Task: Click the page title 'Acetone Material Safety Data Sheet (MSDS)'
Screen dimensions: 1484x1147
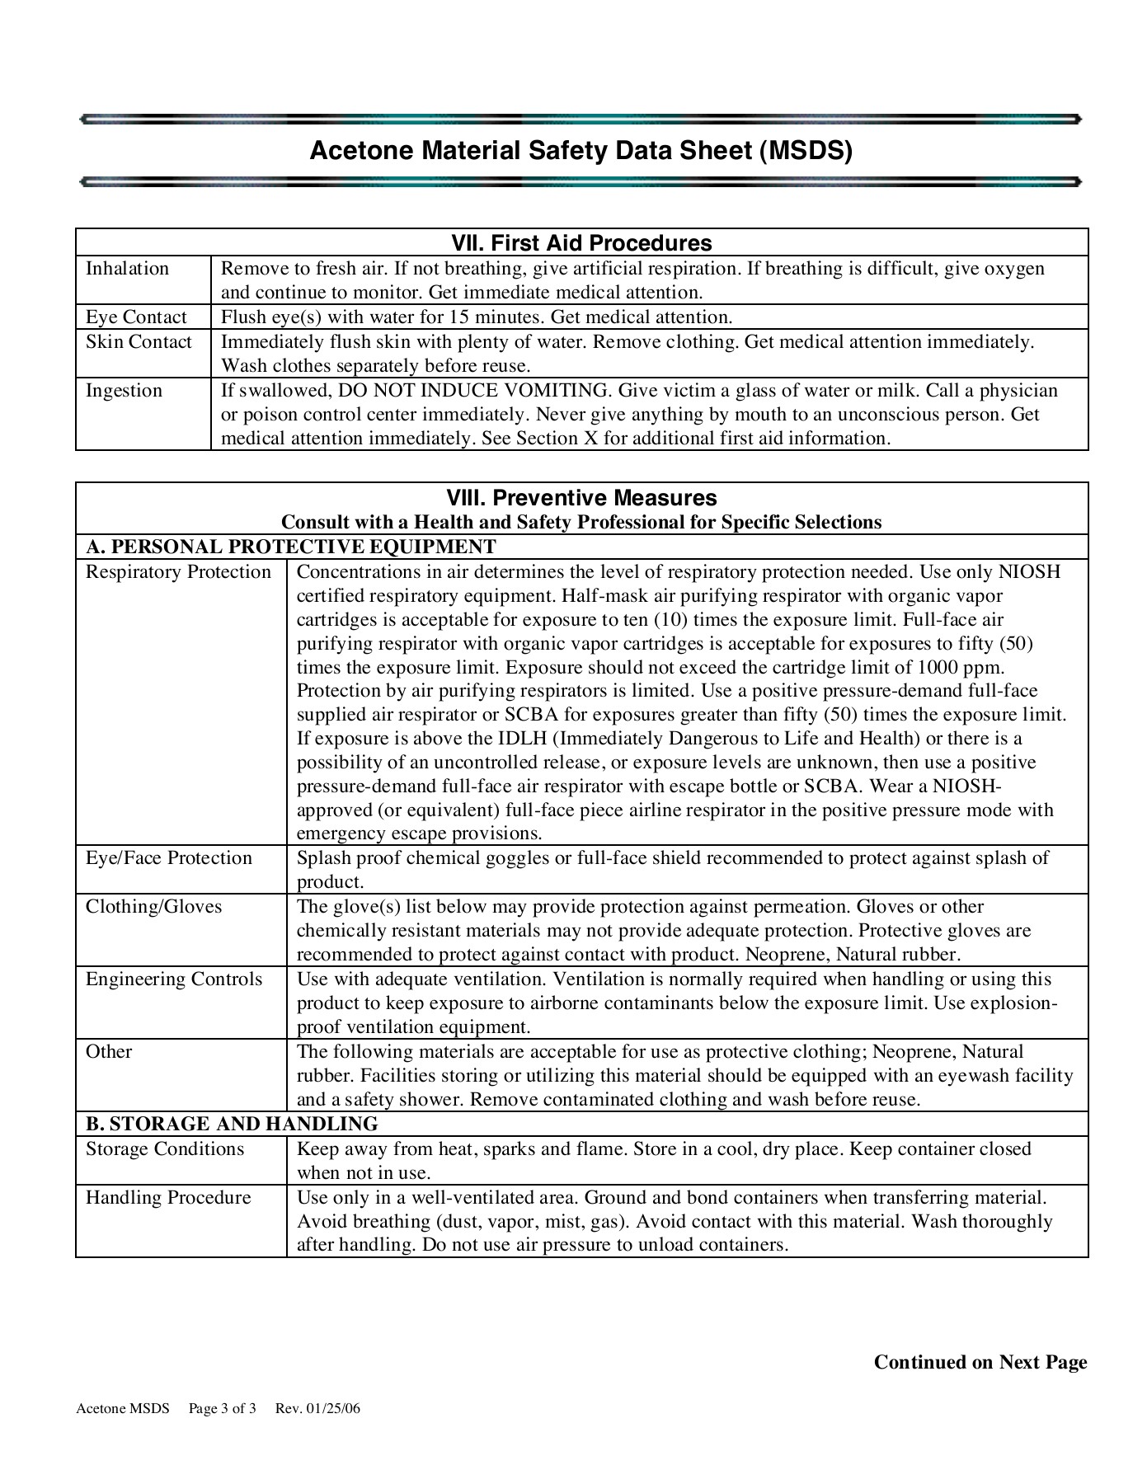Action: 581,151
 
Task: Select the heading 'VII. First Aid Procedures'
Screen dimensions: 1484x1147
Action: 581,243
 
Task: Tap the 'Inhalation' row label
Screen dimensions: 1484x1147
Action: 127,269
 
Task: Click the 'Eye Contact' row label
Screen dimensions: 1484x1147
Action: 136,317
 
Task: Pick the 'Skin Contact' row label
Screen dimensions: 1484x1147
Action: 139,342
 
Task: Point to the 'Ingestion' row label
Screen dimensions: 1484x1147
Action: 124,391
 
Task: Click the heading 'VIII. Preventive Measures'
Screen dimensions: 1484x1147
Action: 581,498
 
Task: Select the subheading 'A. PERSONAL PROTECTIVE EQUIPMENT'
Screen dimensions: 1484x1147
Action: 291,547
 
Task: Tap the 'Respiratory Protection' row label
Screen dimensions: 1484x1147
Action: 178,572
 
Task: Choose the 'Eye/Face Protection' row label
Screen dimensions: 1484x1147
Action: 168,858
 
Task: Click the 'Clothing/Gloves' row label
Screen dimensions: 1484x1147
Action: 153,907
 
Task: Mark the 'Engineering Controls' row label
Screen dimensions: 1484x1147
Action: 174,979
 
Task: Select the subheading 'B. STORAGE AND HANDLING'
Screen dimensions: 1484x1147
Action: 232,1124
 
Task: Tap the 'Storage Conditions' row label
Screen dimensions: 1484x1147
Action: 165,1149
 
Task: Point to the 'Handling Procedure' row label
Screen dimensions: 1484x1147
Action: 168,1198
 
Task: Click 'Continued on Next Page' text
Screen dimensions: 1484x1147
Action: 980,1362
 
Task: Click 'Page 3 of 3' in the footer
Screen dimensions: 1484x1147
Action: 222,1409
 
